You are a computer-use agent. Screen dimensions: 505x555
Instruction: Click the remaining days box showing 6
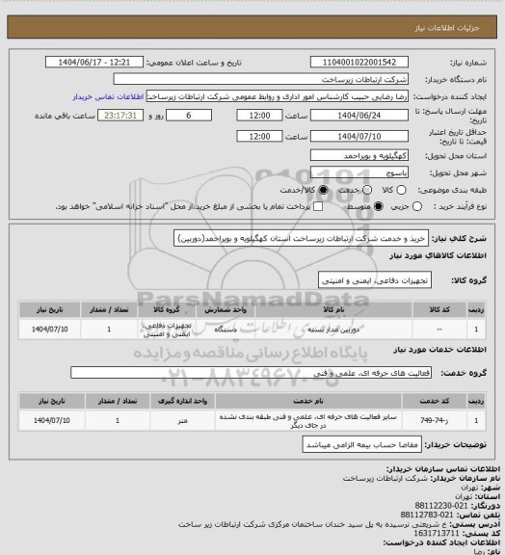point(187,115)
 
